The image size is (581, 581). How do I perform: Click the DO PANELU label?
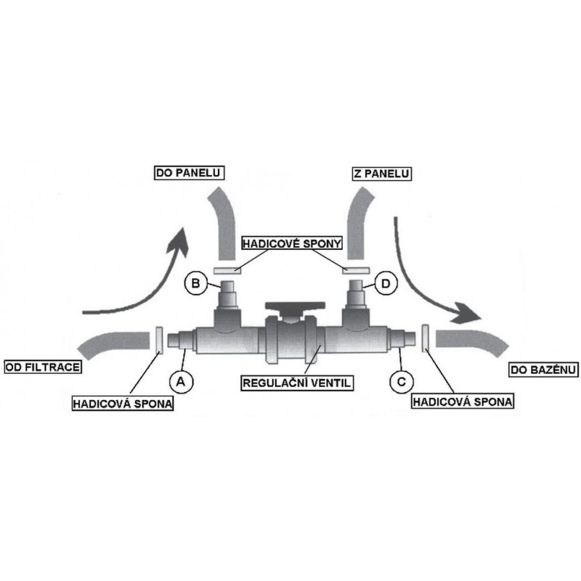pyautogui.click(x=189, y=173)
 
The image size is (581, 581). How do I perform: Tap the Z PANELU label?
pyautogui.click(x=381, y=174)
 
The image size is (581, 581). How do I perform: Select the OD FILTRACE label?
pyautogui.click(x=43, y=367)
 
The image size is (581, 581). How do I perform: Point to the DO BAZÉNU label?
pyautogui.click(x=543, y=370)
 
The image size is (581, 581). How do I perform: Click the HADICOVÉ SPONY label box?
pyautogui.click(x=292, y=243)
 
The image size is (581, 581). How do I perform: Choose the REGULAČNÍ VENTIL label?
pyautogui.click(x=297, y=383)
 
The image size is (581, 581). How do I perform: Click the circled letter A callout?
pyautogui.click(x=181, y=381)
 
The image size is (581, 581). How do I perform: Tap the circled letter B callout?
pyautogui.click(x=195, y=283)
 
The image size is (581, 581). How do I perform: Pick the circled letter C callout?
pyautogui.click(x=402, y=381)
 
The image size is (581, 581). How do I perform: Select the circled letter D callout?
pyautogui.click(x=386, y=284)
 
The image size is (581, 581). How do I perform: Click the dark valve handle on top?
pyautogui.click(x=296, y=306)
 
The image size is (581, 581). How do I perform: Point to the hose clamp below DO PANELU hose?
pyautogui.click(x=227, y=270)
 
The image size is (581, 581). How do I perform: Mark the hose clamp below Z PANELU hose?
pyautogui.click(x=355, y=270)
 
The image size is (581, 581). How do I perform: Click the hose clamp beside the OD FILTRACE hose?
pyautogui.click(x=159, y=341)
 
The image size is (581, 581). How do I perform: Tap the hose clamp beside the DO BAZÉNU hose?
pyautogui.click(x=426, y=339)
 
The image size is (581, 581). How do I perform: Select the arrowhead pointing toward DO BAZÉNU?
pyautogui.click(x=468, y=314)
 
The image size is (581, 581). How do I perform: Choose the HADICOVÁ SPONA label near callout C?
pyautogui.click(x=463, y=402)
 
